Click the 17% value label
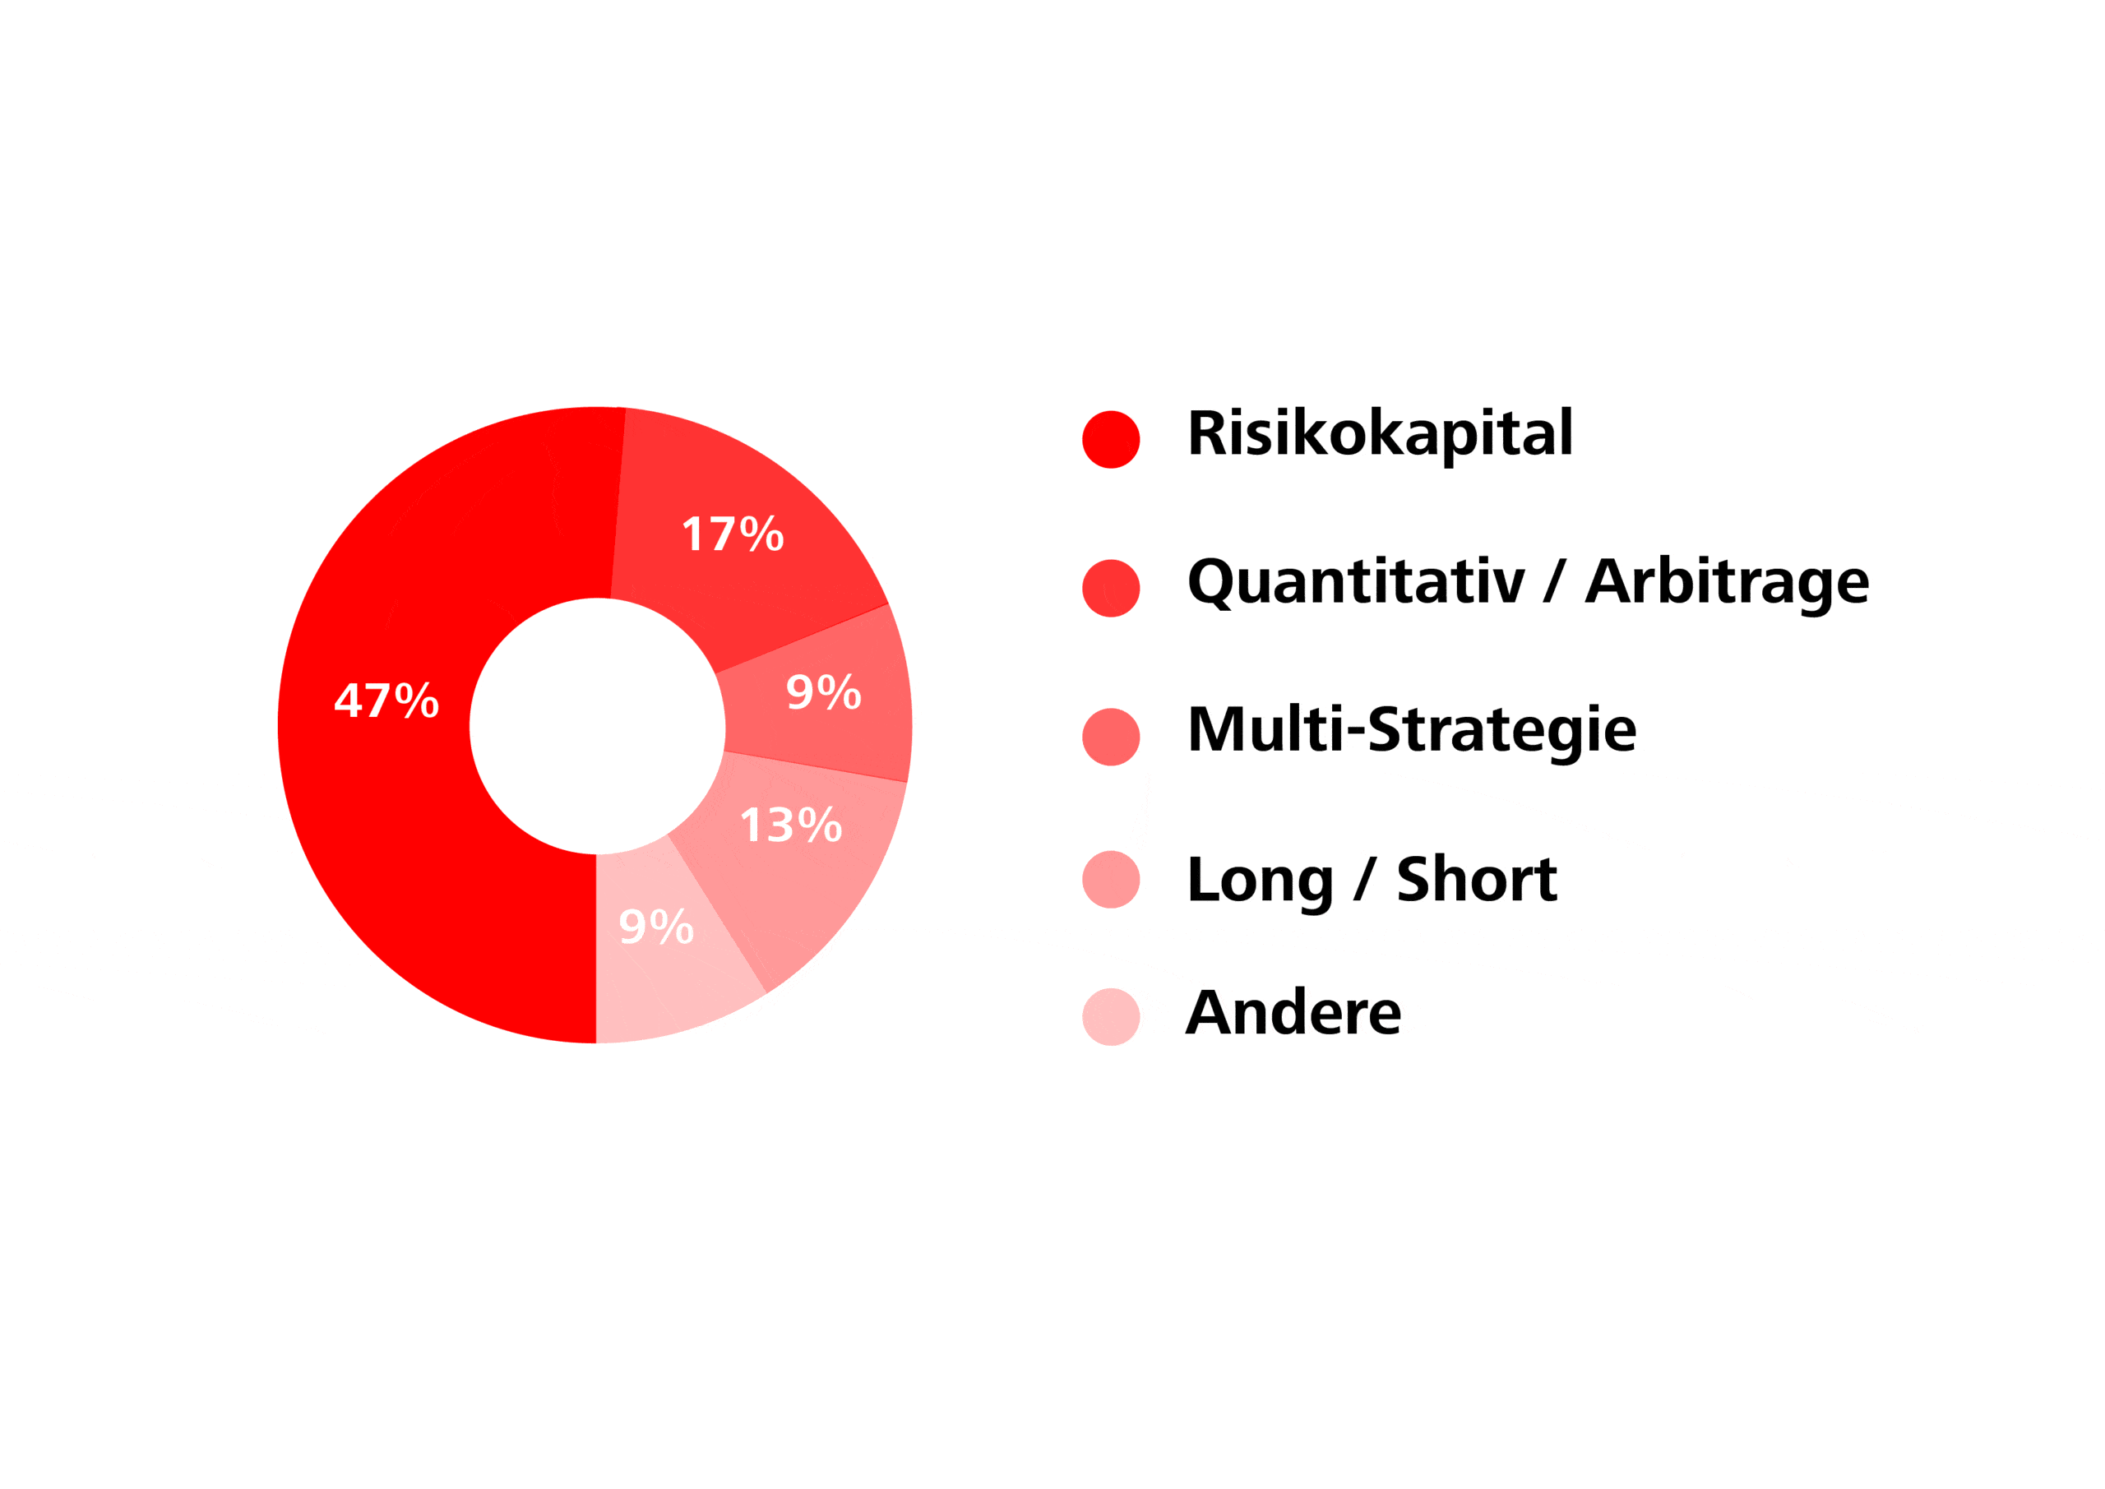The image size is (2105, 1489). click(x=733, y=534)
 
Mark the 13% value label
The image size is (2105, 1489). click(x=791, y=825)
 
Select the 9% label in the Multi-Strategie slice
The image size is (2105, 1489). click(x=824, y=691)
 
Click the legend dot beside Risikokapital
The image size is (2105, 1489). click(x=1111, y=439)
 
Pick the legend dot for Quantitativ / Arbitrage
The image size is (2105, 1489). click(x=1111, y=588)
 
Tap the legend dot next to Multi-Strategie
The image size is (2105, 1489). click(x=1111, y=736)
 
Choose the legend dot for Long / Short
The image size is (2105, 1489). click(x=1111, y=879)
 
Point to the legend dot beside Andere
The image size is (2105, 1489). click(x=1111, y=1017)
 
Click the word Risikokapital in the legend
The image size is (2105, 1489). click(x=1381, y=435)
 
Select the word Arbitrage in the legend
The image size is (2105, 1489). click(x=1728, y=584)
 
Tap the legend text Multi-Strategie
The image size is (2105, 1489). click(x=1412, y=731)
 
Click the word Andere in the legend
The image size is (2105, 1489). click(x=1293, y=1012)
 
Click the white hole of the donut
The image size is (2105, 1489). click(x=598, y=726)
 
